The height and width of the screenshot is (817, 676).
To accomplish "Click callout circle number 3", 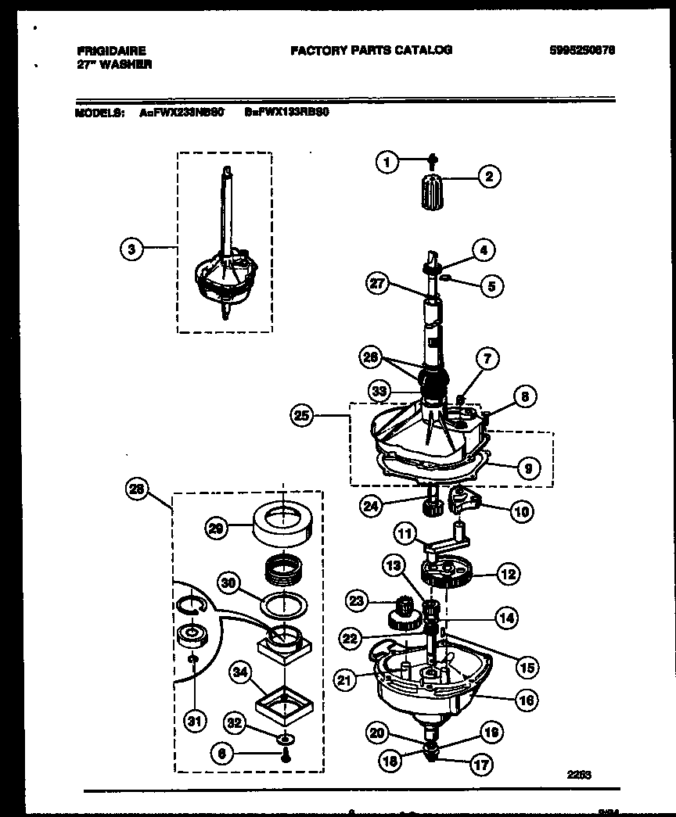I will (x=132, y=249).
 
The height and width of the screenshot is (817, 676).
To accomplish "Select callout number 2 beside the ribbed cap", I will (x=489, y=177).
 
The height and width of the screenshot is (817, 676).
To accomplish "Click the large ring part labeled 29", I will (x=283, y=518).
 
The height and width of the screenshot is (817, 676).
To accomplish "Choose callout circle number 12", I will (x=508, y=575).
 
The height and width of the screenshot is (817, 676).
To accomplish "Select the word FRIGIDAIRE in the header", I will (x=112, y=51).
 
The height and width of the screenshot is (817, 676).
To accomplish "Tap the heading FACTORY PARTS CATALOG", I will (x=371, y=50).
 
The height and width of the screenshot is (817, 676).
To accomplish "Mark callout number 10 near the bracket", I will (x=520, y=512).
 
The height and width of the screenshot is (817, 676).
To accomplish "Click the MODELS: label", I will (x=99, y=112).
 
